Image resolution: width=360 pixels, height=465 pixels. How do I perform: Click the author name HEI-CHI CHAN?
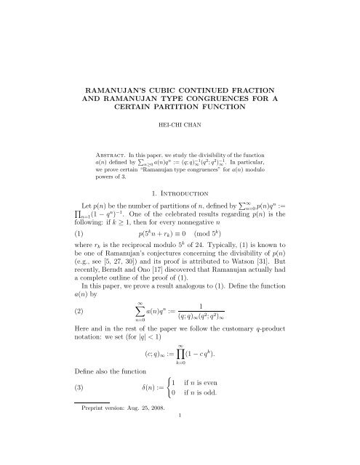tap(179, 124)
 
